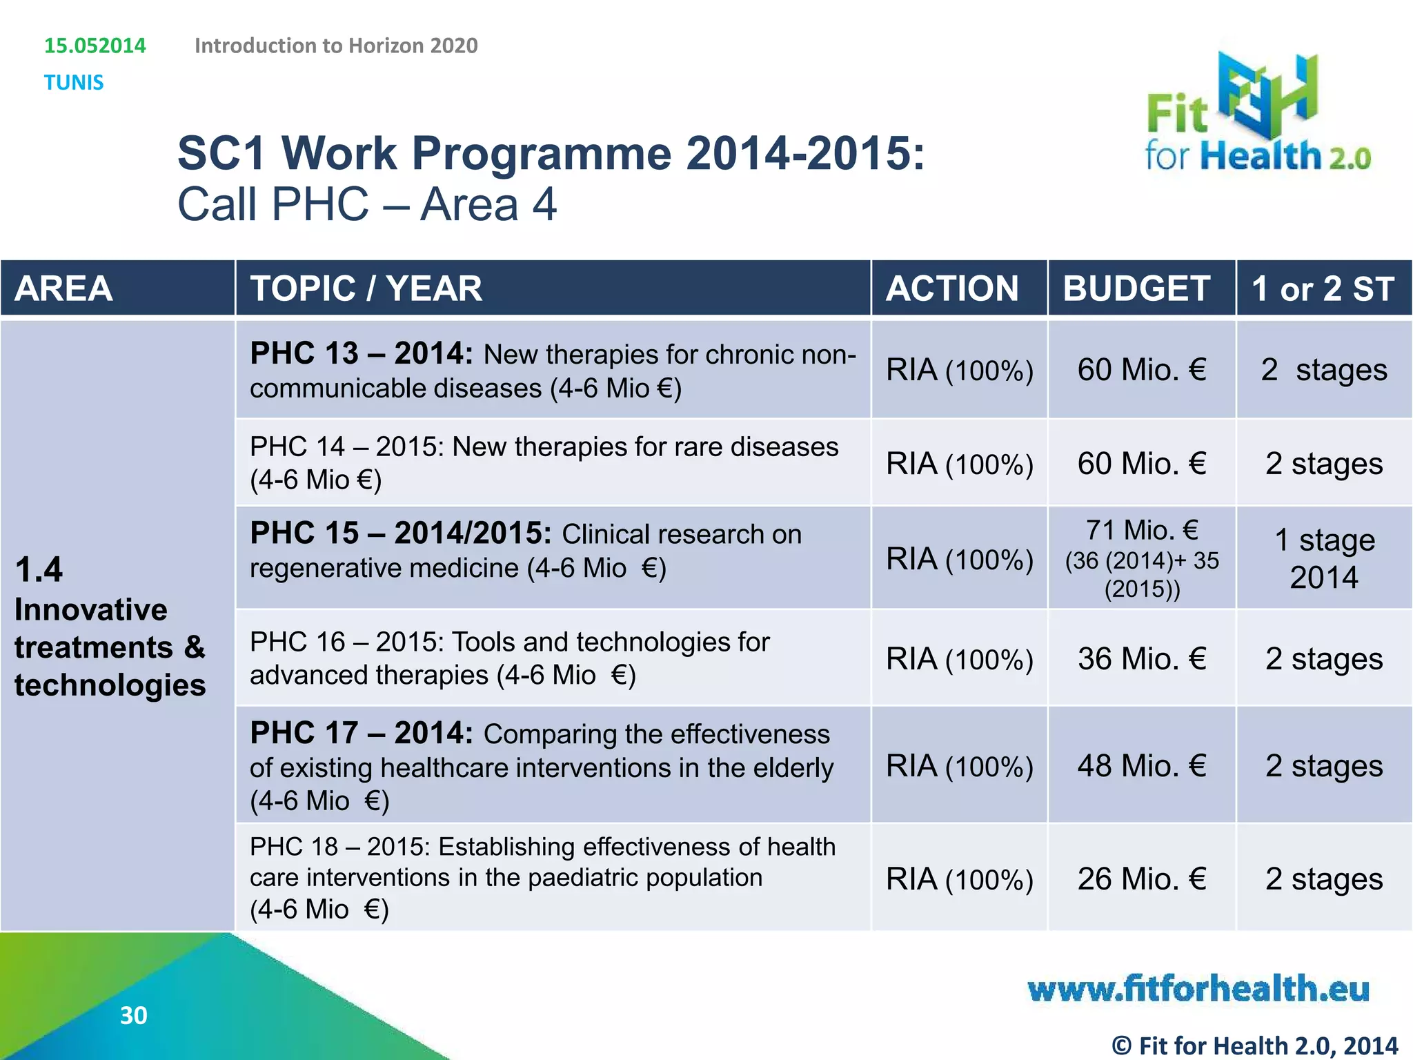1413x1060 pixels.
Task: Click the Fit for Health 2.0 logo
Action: coord(1257,114)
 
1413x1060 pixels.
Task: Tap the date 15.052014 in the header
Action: coord(95,46)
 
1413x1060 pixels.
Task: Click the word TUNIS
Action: coord(74,83)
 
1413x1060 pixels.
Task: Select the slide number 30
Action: coord(133,1015)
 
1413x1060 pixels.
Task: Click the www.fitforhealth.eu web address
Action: coord(1198,989)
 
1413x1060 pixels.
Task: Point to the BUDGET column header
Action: coord(1136,288)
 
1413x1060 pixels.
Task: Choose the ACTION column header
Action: coord(952,288)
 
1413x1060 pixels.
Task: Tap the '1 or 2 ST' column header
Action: coord(1323,288)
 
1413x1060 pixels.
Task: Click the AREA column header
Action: coord(63,288)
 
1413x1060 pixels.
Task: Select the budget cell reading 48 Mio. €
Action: coord(1142,765)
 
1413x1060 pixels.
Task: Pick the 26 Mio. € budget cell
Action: coord(1142,879)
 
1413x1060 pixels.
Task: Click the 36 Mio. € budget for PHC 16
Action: coord(1142,658)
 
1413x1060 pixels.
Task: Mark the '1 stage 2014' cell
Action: coord(1324,558)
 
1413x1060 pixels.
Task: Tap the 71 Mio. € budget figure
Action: coord(1142,531)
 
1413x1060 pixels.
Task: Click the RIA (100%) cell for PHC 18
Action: coord(960,879)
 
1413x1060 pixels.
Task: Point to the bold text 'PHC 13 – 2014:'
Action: coord(362,353)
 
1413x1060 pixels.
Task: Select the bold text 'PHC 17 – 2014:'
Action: coord(362,733)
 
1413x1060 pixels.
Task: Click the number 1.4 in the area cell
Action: coord(39,570)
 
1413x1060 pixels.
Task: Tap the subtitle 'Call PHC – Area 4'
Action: coord(367,204)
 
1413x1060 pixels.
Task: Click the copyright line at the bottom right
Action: coord(1254,1046)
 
